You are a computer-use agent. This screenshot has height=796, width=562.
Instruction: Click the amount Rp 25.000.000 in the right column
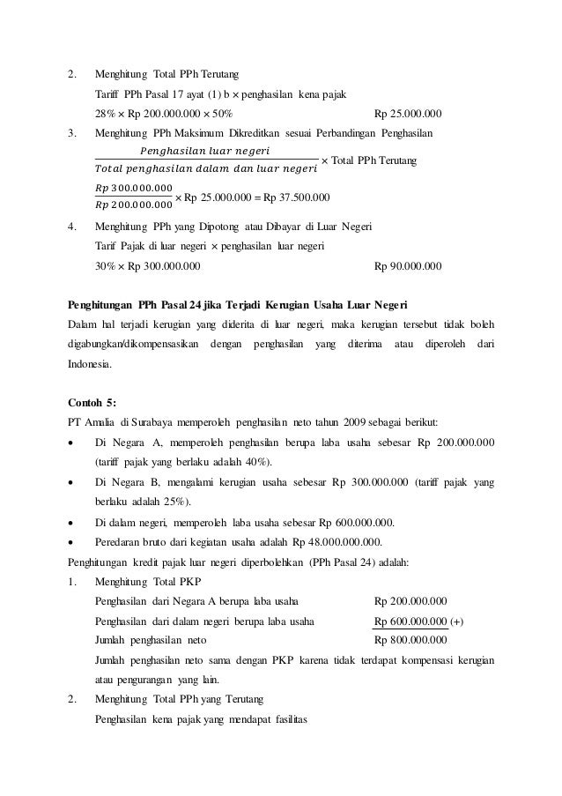408,114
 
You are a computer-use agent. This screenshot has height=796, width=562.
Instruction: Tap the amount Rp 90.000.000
408,265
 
